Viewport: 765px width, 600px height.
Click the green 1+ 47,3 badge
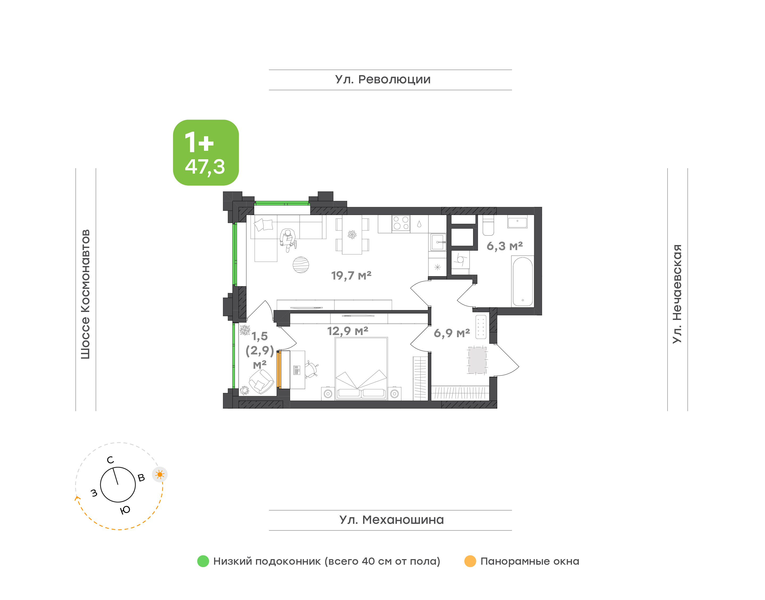[x=206, y=152]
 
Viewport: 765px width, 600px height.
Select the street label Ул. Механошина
[x=392, y=520]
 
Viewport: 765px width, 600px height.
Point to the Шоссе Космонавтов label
[x=85, y=294]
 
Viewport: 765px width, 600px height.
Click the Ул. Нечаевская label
[x=677, y=294]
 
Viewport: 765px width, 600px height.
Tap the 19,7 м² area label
[x=351, y=275]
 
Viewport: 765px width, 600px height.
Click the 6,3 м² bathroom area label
[x=505, y=246]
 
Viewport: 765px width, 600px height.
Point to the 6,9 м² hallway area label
[x=452, y=333]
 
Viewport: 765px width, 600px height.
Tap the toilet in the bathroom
[x=488, y=225]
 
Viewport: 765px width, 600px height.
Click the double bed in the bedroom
[x=361, y=368]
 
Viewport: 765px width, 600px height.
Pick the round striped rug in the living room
[x=301, y=265]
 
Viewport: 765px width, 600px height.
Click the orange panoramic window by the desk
[x=279, y=369]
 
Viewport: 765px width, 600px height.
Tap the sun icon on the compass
[x=160, y=475]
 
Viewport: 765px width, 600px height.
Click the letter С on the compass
[x=110, y=460]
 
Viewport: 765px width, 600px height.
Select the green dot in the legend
[x=203, y=561]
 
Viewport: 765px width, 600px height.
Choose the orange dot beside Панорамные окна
[x=470, y=561]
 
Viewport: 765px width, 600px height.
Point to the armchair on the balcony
[x=261, y=382]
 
